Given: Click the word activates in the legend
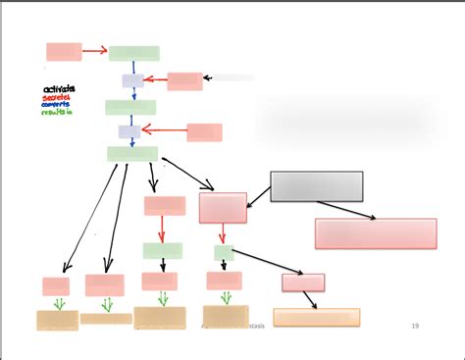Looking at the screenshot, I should (59, 89).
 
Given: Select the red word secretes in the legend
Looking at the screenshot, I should (57, 97).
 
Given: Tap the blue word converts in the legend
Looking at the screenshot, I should (58, 105).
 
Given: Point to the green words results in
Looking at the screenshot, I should (58, 113).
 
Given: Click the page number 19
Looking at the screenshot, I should (415, 326).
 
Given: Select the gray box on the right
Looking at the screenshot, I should (316, 186).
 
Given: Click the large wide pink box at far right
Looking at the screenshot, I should (375, 233).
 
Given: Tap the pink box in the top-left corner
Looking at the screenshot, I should (64, 52).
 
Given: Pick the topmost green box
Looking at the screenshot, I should (133, 53).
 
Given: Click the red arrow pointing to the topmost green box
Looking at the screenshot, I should (94, 51).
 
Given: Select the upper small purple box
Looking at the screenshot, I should (132, 80).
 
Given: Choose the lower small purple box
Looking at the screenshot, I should (129, 131).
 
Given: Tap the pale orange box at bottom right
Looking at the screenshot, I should (316, 318).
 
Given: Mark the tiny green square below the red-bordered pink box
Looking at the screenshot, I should (224, 253).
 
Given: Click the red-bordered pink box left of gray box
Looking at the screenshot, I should (223, 208).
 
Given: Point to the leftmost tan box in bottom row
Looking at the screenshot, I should (57, 320).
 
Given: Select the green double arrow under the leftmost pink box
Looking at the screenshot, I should (59, 303).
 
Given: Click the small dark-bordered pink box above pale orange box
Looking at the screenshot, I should (303, 283).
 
